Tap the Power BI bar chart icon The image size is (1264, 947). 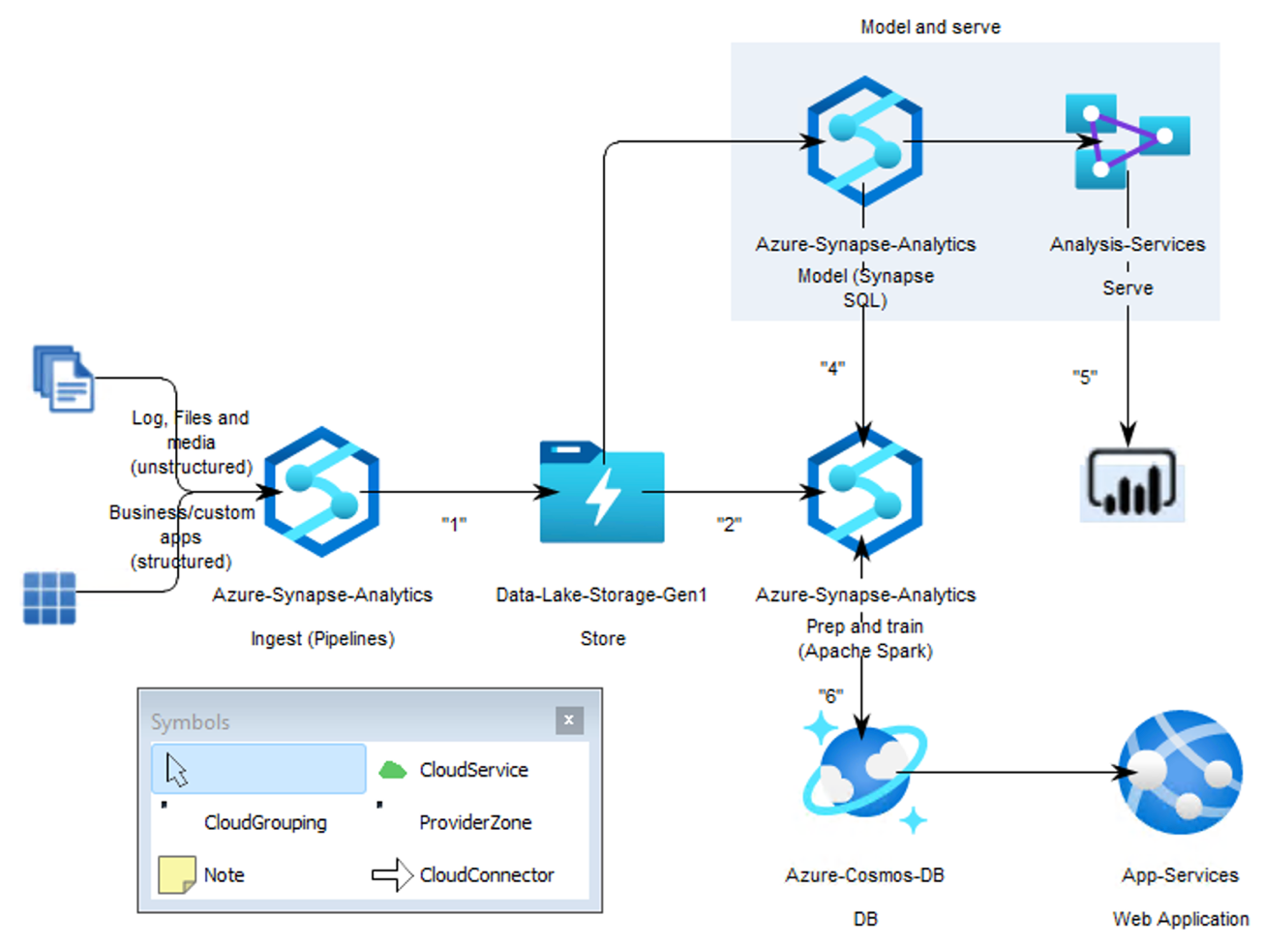pos(1131,483)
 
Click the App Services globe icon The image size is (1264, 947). pos(1180,772)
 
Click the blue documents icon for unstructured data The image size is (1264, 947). pos(64,379)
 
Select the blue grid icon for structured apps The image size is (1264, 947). pos(49,597)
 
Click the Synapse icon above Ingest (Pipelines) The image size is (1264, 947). pos(321,492)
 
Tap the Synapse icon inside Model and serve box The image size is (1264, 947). pos(864,141)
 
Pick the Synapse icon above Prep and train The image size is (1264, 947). pos(864,492)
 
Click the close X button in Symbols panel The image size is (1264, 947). pos(569,719)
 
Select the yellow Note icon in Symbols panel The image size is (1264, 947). pos(176,874)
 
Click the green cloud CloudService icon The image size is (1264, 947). pos(392,770)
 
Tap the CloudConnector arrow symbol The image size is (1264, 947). pos(392,875)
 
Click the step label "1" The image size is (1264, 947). pos(454,524)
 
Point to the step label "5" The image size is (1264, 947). pos(1085,377)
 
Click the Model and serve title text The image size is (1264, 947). pos(930,27)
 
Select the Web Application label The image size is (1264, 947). pos(1180,918)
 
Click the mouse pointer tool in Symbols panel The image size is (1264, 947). pos(177,770)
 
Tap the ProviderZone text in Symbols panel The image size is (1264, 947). pos(475,822)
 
